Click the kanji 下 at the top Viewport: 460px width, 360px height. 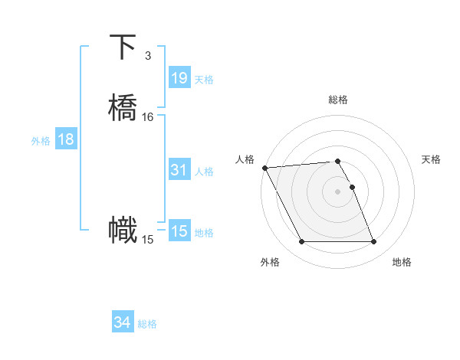(123, 47)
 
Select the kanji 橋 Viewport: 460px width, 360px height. (123, 107)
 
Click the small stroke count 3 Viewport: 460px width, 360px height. (147, 56)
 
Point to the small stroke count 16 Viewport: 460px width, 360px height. (148, 117)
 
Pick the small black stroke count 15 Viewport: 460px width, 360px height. (148, 240)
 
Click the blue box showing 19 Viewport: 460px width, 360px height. (179, 78)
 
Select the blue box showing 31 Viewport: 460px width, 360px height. (179, 170)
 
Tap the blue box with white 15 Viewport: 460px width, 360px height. (179, 231)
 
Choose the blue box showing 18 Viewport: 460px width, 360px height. (66, 139)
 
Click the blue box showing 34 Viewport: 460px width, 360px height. (123, 323)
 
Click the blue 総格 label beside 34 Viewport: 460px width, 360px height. (147, 324)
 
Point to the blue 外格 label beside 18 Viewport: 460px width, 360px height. (41, 140)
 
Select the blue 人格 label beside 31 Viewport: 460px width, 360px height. (204, 171)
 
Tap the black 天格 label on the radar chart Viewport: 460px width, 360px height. (431, 159)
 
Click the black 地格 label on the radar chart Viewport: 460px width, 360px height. (402, 262)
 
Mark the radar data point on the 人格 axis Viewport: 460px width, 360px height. (264, 168)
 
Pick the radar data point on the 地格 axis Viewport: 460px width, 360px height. (373, 242)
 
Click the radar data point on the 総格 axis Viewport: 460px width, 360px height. (337, 161)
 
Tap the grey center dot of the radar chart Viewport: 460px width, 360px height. (337, 191)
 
